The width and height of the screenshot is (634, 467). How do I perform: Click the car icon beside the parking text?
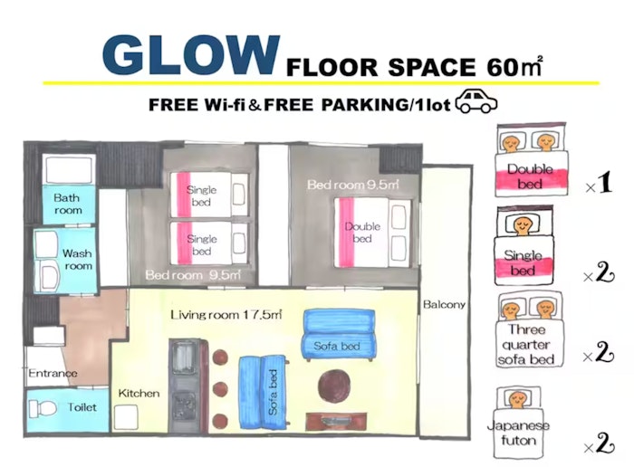tap(476, 100)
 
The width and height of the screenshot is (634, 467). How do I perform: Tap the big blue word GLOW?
tap(191, 55)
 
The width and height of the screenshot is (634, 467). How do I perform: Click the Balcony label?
tap(444, 304)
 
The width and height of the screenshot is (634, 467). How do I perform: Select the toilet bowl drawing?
tap(43, 409)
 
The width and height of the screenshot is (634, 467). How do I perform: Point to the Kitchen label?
tap(139, 393)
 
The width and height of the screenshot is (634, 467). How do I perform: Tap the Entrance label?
tap(53, 373)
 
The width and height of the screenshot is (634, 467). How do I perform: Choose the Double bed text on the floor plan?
tap(362, 233)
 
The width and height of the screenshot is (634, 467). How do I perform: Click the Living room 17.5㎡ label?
tap(226, 314)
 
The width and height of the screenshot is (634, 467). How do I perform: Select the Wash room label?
tap(77, 260)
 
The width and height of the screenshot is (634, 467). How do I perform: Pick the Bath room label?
tap(68, 204)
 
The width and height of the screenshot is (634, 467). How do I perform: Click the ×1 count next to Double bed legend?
tap(599, 184)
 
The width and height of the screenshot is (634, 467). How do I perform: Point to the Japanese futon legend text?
tap(518, 433)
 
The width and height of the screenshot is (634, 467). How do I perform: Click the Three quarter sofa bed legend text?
tap(526, 345)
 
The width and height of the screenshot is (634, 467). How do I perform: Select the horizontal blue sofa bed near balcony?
tap(339, 335)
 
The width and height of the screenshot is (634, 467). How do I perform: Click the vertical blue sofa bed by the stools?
tap(264, 392)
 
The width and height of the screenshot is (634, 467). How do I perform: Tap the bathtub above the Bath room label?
tap(70, 169)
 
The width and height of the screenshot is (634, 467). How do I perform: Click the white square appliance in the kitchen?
tap(126, 417)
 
